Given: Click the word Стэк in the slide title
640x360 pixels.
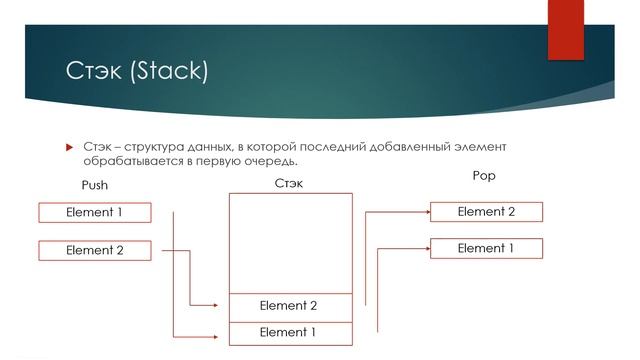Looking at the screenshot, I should [92, 72].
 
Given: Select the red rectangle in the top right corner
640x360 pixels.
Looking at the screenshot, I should [565, 30].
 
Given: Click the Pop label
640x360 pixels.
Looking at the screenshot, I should [483, 176].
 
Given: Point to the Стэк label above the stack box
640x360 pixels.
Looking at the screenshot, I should [289, 183].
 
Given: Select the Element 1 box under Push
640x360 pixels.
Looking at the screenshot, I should [94, 212].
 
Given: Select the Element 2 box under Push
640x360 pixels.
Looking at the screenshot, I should [94, 250].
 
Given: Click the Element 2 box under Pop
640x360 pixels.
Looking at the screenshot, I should [486, 211].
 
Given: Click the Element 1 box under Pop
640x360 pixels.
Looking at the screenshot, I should [486, 248].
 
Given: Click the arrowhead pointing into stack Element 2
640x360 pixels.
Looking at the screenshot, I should [223, 306].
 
